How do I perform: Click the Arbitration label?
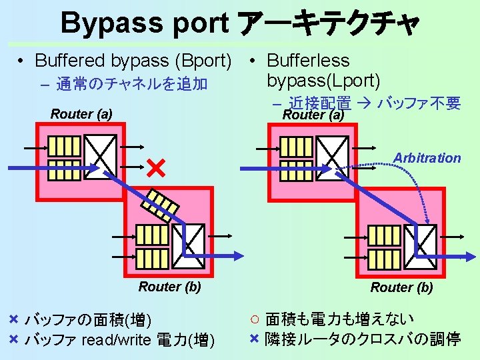(x=427, y=158)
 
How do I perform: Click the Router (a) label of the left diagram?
(x=81, y=114)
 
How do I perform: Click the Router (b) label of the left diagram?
(x=169, y=287)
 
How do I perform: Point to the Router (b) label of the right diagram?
(x=401, y=287)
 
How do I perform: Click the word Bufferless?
(x=308, y=61)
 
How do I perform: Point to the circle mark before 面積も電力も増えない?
(x=255, y=319)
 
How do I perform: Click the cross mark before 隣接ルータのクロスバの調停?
(x=254, y=339)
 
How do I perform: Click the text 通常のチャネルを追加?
(x=132, y=84)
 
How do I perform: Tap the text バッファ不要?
(x=419, y=103)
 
